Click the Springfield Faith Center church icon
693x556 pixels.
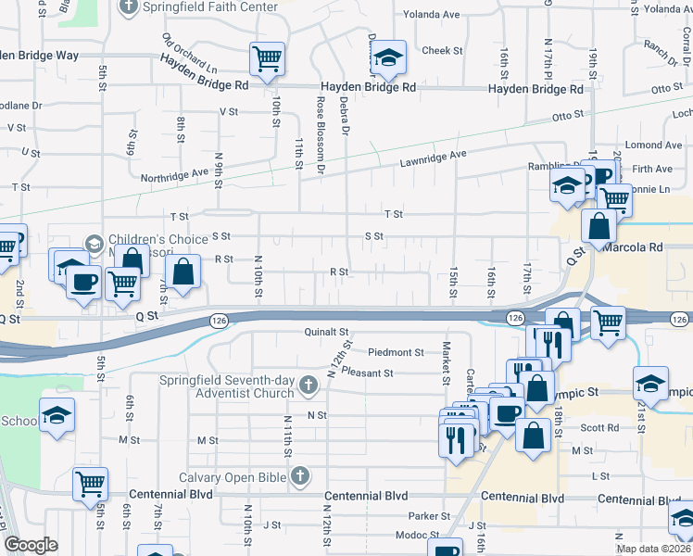129,7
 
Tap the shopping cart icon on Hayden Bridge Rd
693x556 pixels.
267,59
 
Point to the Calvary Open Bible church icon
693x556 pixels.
298,476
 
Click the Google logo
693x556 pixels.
31,545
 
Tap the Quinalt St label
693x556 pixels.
324,332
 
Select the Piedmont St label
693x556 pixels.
395,352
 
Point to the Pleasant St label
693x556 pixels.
367,373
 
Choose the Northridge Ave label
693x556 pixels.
174,175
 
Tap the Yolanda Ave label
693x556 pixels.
432,15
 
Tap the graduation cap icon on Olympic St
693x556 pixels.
651,383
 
